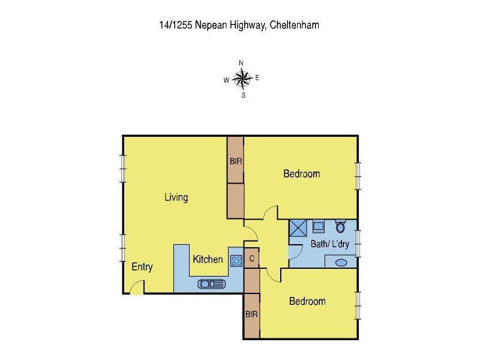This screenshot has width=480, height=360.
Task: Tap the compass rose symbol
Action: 241,78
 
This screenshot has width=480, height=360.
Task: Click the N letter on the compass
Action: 241,63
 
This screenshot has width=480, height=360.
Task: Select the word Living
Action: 176,197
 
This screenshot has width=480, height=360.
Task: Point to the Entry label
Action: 142,267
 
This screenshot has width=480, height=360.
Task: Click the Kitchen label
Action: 208,260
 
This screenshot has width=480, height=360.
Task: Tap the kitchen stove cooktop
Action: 236,260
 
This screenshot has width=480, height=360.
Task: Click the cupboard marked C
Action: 252,259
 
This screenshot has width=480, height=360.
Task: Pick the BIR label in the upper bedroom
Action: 235,161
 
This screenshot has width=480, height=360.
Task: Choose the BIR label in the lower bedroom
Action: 251,314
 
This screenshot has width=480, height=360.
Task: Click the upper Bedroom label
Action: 301,174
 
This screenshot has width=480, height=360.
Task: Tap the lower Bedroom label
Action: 307,301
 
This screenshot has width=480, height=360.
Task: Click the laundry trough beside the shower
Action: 319,227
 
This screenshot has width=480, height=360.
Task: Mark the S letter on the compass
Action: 243,95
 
